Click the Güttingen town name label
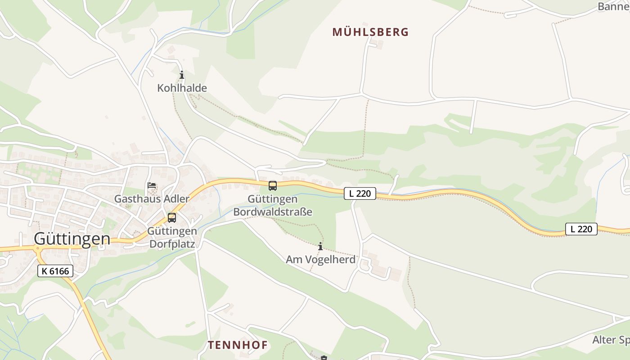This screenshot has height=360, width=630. tap(72, 238)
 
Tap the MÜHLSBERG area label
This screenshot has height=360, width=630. tap(370, 32)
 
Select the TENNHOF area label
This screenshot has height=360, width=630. tap(238, 345)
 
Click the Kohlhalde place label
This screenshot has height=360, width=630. tap(182, 88)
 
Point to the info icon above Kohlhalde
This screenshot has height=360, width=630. tap(182, 75)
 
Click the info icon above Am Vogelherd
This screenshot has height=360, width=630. tap(320, 247)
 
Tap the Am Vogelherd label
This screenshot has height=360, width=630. tap(320, 260)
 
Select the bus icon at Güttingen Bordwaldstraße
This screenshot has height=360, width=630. tap(273, 185)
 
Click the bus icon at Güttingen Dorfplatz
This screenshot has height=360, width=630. tap(172, 218)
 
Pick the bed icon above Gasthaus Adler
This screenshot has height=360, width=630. tap(152, 185)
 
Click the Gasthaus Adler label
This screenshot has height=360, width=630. tap(152, 198)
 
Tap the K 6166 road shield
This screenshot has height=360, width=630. tap(55, 271)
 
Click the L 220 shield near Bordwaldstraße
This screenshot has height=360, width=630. tap(360, 193)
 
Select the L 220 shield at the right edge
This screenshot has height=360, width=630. tap(581, 229)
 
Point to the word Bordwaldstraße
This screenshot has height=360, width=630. tap(273, 211)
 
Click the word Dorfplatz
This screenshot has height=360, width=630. tap(172, 244)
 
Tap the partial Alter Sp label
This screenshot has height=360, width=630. tap(611, 340)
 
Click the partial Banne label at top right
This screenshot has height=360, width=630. tap(613, 6)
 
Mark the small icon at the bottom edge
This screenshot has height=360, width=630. tap(324, 358)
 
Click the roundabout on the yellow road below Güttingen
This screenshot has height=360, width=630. tap(38, 248)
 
